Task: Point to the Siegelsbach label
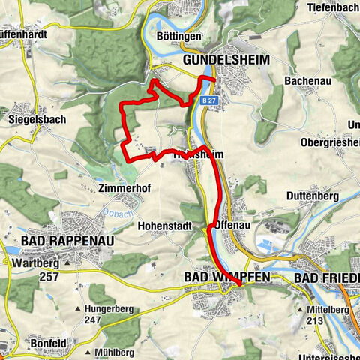[x=37, y=118]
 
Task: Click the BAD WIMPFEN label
[x=223, y=277]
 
